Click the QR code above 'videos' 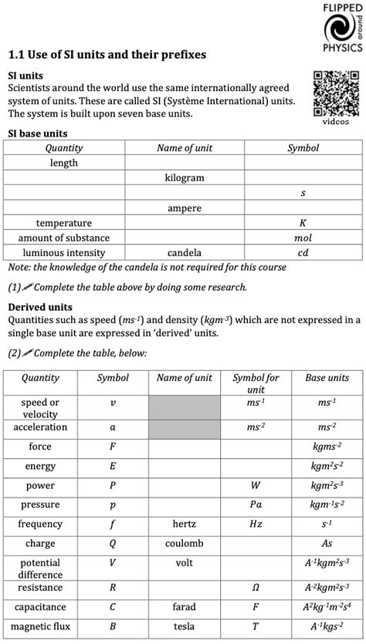(x=335, y=93)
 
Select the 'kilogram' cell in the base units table (x=185, y=178)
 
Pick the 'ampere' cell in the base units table (x=185, y=208)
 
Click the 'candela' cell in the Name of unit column (x=185, y=253)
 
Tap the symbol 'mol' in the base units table (x=303, y=238)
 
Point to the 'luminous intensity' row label (x=64, y=253)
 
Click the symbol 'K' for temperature (x=303, y=223)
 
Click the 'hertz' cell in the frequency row (x=184, y=524)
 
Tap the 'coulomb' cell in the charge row (x=184, y=544)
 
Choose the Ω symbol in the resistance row (x=256, y=588)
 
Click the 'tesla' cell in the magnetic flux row (x=184, y=627)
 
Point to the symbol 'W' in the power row (x=256, y=486)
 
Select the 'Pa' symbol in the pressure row (x=256, y=505)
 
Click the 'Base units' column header (x=327, y=379)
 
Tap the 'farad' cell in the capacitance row (x=184, y=608)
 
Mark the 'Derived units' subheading (x=40, y=307)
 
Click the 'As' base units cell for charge (x=327, y=544)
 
